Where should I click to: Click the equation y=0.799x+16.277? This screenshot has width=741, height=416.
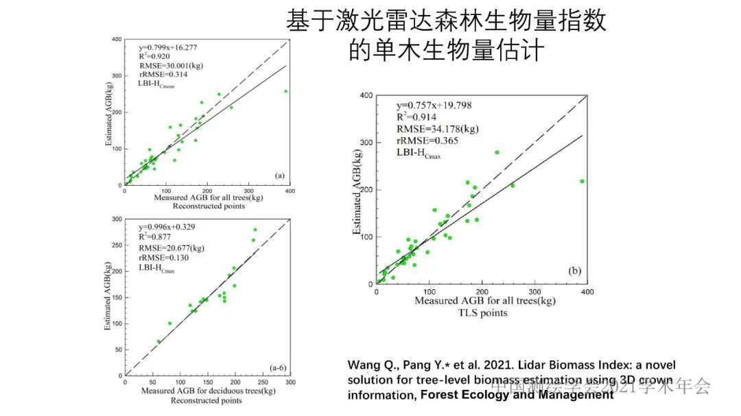168,47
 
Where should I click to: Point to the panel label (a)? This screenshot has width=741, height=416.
279,175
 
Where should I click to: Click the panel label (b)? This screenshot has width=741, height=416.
575,272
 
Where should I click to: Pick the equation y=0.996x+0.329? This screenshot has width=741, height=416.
166,227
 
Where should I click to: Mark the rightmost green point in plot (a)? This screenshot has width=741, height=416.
285,91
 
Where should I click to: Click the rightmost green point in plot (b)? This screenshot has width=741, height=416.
582,181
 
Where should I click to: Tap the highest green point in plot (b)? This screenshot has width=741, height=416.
497,152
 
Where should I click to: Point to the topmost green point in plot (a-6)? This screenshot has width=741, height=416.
255,230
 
